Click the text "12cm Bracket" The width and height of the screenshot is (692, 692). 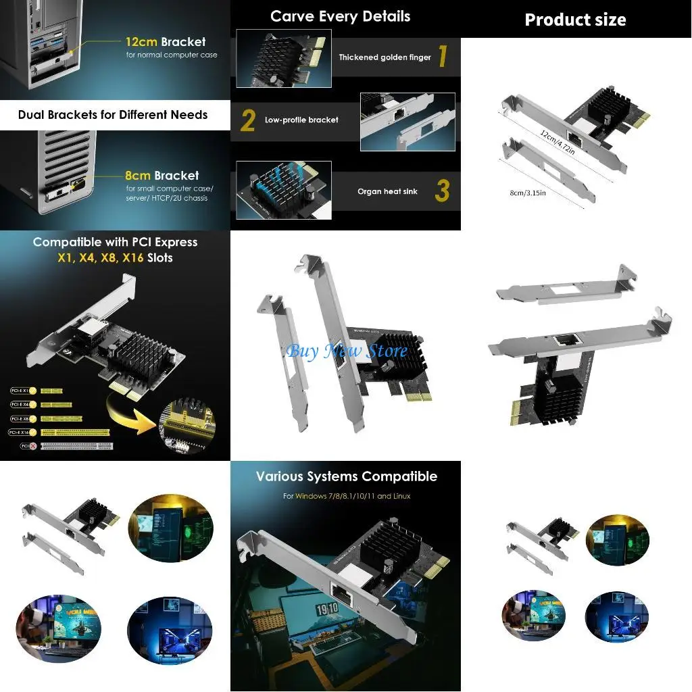(x=166, y=42)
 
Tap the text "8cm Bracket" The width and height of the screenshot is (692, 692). (x=162, y=176)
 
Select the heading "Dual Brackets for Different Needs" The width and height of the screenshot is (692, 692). (x=113, y=114)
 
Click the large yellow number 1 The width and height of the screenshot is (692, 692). (x=443, y=57)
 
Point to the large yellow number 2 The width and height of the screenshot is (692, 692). (x=248, y=120)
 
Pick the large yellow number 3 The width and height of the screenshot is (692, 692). (x=441, y=191)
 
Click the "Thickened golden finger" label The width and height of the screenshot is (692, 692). (x=385, y=57)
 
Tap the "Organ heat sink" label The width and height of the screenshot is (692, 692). (x=387, y=192)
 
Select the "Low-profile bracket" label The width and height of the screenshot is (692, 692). (x=301, y=120)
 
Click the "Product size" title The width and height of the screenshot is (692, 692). (x=575, y=20)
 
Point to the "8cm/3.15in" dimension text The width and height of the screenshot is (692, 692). (x=528, y=193)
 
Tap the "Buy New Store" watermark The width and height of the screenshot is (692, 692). (x=347, y=351)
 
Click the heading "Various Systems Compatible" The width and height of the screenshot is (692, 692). (x=346, y=476)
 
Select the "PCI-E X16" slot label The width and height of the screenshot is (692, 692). (x=20, y=432)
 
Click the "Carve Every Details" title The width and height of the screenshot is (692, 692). (x=340, y=17)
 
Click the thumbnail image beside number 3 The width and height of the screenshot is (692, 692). (x=283, y=190)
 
